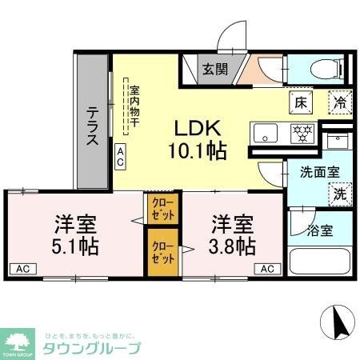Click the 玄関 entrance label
coord(213,69)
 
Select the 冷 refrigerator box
coord(340,102)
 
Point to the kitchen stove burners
coord(302,132)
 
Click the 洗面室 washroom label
coord(318,170)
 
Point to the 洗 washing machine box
coord(339,193)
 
